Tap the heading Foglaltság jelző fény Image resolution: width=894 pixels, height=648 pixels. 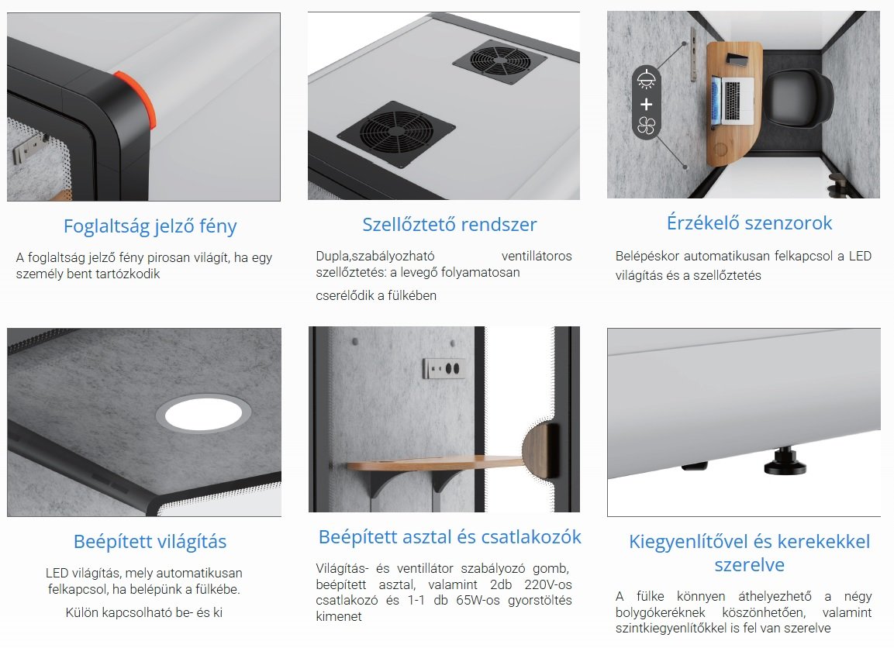point(150,226)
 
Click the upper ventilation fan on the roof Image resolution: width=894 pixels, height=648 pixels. point(500,60)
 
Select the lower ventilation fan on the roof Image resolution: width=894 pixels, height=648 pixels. point(395,133)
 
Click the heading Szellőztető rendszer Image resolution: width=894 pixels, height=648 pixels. point(449,225)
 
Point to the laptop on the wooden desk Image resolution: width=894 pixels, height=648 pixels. point(732,100)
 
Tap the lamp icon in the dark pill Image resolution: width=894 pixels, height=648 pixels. point(646,80)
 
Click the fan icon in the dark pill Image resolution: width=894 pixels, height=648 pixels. point(646,126)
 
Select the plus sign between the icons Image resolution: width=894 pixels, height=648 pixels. point(646,104)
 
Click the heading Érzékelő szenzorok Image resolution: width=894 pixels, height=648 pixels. point(749,222)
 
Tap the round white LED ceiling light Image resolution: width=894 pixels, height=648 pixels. point(204,414)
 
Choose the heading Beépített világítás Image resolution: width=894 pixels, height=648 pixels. point(150,542)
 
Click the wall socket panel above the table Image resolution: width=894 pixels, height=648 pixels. point(443,368)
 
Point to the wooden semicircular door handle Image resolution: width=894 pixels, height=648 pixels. point(540,450)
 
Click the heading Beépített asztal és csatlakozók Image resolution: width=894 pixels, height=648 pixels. point(450,537)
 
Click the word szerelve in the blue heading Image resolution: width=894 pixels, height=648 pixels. point(749,565)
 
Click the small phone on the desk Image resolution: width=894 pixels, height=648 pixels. point(737,59)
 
